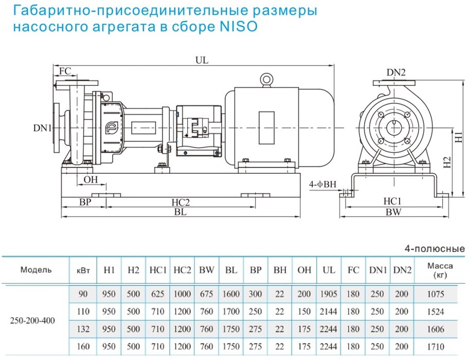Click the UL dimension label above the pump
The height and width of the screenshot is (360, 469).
(x=202, y=60)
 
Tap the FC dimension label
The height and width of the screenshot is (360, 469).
(x=65, y=71)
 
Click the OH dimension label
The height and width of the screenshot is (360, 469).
(x=91, y=179)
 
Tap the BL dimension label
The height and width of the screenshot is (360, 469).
(x=180, y=211)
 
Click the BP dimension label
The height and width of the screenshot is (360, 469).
(x=85, y=203)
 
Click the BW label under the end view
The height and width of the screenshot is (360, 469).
(x=394, y=211)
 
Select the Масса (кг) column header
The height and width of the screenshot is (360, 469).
(x=440, y=269)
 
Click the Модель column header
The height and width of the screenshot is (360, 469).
(x=36, y=269)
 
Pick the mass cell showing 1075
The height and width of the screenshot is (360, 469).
(x=440, y=294)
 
